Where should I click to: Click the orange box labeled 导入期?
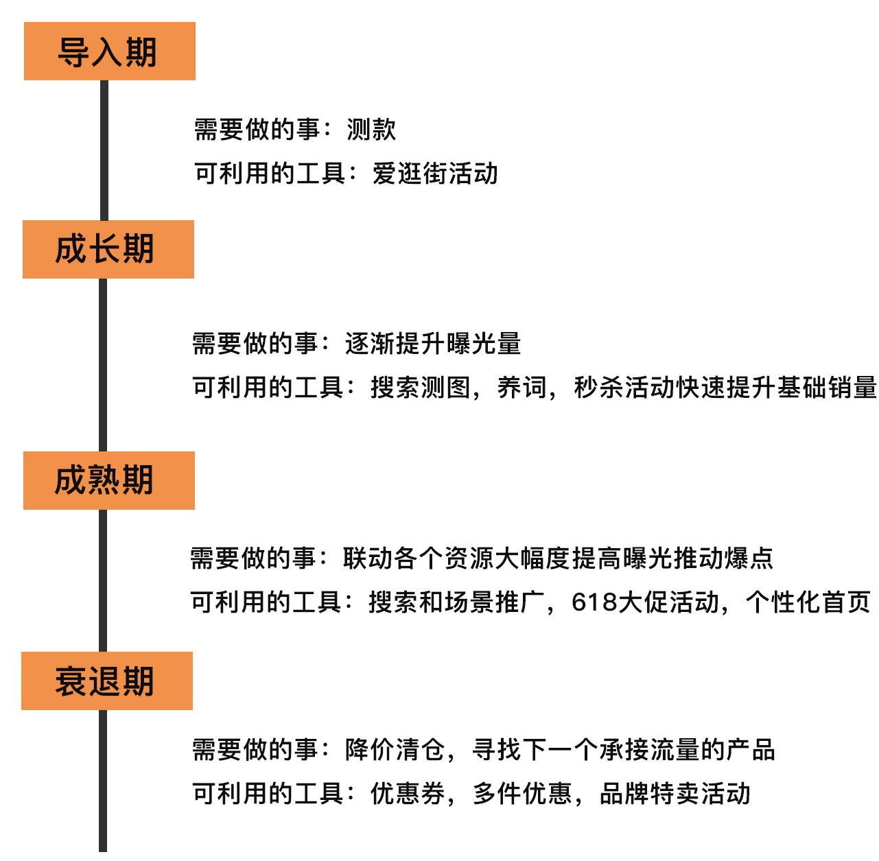coord(110,51)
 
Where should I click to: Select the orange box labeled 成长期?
coord(108,249)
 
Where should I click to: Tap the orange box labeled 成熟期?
coord(109,480)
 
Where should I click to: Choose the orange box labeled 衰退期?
coord(107,681)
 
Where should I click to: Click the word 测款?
coord(371,130)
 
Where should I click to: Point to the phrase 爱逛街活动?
coord(435,174)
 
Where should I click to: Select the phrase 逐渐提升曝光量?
coord(432,344)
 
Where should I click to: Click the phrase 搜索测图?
coord(420,388)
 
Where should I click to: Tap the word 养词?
coord(521,388)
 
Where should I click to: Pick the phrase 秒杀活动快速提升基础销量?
coord(725,388)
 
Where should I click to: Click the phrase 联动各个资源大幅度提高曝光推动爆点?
coord(558,558)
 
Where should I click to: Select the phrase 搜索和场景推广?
coord(456,602)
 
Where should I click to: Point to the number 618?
coord(594,602)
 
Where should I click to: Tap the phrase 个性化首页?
coord(808,602)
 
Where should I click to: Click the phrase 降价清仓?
coord(395,750)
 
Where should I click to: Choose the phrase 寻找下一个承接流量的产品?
coord(623,750)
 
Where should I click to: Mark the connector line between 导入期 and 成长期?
coord(104,150)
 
